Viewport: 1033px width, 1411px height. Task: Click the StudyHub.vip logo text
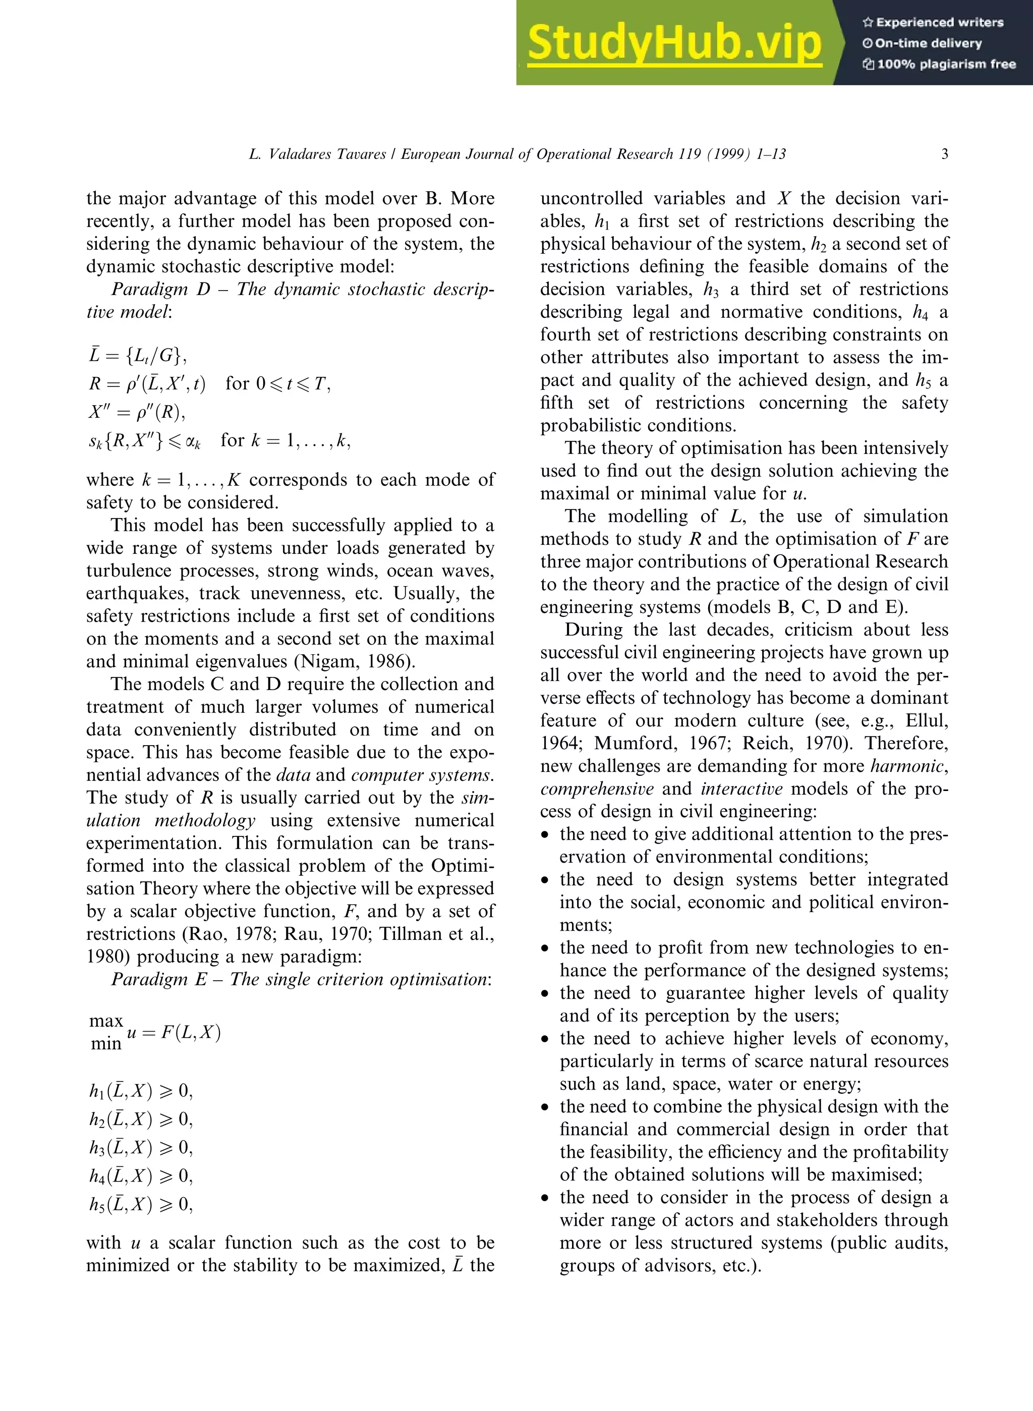click(674, 42)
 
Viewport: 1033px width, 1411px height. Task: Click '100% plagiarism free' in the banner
click(939, 64)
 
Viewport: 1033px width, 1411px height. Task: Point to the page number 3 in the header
click(944, 154)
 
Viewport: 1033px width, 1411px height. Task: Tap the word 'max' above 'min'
click(106, 1021)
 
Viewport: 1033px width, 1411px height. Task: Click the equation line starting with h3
click(141, 1147)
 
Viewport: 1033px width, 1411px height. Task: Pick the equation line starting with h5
click(141, 1204)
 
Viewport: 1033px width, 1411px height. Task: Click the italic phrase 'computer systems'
click(422, 775)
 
